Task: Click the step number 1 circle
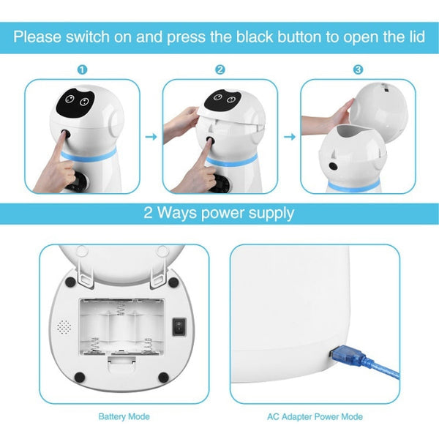(x=82, y=70)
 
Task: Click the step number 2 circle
(x=219, y=70)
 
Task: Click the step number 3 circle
(x=357, y=70)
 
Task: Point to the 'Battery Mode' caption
(x=124, y=416)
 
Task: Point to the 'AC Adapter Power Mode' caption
(x=315, y=416)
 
